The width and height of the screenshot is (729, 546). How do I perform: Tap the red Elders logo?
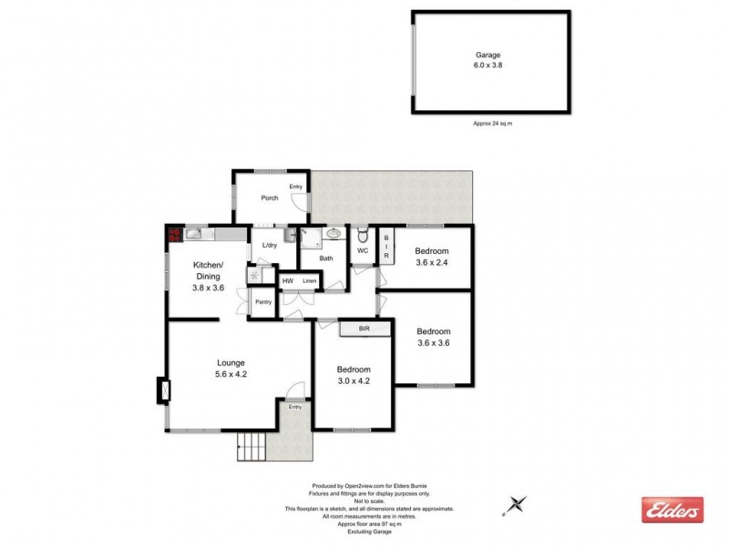pyautogui.click(x=673, y=510)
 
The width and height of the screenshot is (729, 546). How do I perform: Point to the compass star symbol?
pyautogui.click(x=518, y=502)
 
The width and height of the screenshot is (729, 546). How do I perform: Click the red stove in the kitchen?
pyautogui.click(x=174, y=236)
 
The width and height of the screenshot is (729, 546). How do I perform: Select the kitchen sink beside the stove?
pyautogui.click(x=195, y=235)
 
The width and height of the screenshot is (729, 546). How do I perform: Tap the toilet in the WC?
pyautogui.click(x=362, y=235)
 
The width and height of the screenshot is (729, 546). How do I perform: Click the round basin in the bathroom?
pyautogui.click(x=334, y=234)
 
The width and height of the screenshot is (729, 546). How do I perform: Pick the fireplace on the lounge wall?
pyautogui.click(x=164, y=390)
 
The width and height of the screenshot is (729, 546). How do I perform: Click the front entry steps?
pyautogui.click(x=251, y=447)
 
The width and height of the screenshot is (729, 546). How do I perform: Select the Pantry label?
pyautogui.click(x=263, y=302)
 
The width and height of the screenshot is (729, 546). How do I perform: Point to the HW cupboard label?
pyautogui.click(x=288, y=281)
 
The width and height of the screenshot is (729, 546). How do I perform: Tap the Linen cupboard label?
pyautogui.click(x=310, y=281)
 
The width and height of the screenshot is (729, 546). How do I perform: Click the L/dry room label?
pyautogui.click(x=269, y=246)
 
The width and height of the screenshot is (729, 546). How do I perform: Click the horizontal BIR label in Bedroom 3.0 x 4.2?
pyautogui.click(x=364, y=329)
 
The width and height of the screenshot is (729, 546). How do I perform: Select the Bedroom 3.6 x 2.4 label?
pyautogui.click(x=432, y=257)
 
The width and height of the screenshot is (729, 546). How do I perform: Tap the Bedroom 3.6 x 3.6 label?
pyautogui.click(x=434, y=337)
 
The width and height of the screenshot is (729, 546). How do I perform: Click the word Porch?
pyautogui.click(x=270, y=197)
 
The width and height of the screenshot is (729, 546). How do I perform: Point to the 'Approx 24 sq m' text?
pyautogui.click(x=492, y=123)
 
